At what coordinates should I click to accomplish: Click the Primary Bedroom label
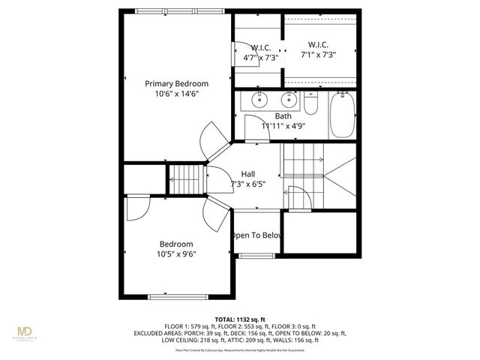176,84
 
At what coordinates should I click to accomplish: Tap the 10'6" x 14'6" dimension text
176,94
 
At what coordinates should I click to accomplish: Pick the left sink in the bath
260,99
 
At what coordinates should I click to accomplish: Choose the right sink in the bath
289,99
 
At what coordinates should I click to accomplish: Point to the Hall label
248,174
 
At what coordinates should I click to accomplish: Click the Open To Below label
257,235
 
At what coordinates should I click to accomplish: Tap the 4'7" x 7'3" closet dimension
261,57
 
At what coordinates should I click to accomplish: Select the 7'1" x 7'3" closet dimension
318,54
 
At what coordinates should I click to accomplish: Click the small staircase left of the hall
186,180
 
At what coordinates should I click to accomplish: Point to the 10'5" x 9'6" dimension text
176,254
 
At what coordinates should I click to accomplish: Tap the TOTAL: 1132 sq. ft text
239,319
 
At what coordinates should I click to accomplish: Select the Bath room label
283,116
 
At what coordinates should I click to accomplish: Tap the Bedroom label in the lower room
176,244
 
